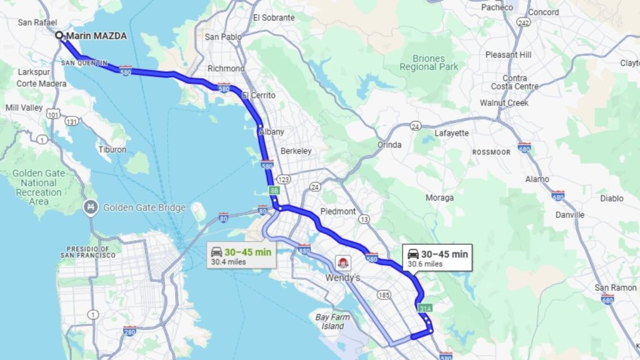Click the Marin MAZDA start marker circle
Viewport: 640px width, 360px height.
59,36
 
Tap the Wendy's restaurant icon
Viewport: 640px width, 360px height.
342,262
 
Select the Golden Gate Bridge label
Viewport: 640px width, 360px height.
144,207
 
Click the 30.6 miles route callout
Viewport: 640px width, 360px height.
437,257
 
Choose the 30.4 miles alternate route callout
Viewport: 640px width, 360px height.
241,256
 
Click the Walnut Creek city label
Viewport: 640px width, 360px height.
504,102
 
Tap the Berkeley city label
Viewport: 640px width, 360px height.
296,151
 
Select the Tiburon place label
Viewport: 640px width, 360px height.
112,149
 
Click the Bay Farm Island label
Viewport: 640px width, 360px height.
330,321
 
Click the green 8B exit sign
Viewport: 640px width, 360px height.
274,189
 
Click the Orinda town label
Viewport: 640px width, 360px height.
389,144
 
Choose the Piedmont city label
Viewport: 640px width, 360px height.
338,211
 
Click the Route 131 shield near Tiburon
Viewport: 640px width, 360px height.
72,121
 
